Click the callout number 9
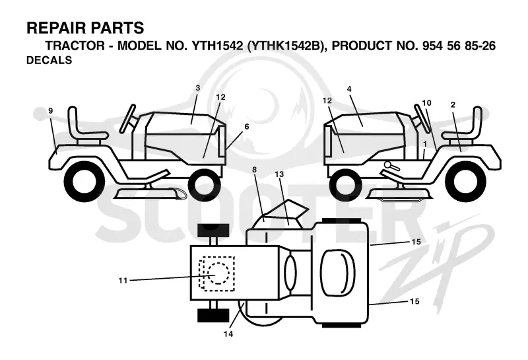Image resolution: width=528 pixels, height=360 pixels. (51, 110)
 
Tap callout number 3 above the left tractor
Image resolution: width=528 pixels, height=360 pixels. (197, 88)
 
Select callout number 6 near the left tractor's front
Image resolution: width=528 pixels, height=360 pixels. (247, 126)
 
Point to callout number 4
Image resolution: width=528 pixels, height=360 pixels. (349, 89)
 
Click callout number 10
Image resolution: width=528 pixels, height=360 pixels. (426, 103)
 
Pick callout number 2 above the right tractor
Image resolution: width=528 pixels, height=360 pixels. (453, 105)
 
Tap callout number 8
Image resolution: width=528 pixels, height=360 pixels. (254, 170)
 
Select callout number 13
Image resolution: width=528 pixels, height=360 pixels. (279, 174)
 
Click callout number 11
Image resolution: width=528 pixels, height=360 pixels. (123, 281)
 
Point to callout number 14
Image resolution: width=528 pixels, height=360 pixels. (228, 334)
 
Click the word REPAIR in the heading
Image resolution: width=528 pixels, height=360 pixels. (55, 28)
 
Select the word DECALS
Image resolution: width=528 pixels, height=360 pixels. (49, 60)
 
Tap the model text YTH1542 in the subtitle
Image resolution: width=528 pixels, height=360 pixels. (217, 46)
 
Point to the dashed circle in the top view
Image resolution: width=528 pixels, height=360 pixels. (218, 273)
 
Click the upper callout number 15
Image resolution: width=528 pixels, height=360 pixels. (416, 242)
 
